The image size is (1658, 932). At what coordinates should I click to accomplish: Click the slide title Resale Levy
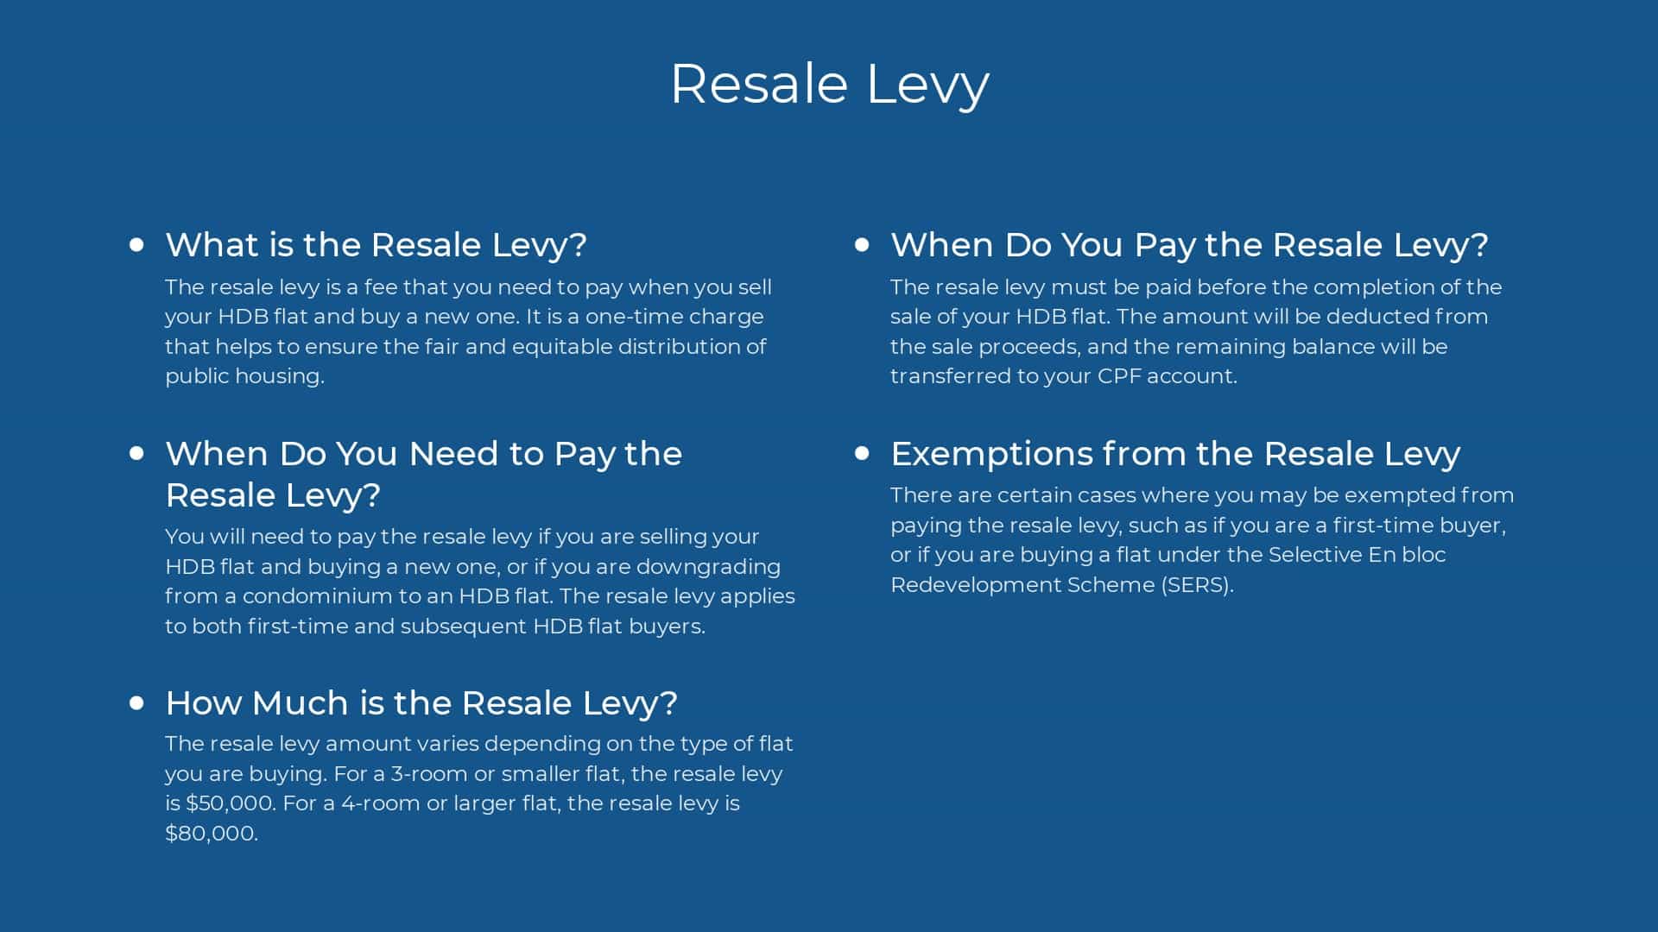829,85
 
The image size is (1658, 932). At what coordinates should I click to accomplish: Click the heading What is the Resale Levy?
376,245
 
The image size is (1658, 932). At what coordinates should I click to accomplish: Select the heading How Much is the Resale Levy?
421,703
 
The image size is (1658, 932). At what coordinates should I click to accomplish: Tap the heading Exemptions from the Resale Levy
1175,454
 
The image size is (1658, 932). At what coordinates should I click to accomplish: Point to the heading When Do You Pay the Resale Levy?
1189,245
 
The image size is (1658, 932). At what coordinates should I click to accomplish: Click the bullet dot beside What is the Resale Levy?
136,244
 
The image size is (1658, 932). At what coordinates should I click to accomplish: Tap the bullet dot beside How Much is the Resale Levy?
136,702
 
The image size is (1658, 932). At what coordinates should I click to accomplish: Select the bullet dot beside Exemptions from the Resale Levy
862,453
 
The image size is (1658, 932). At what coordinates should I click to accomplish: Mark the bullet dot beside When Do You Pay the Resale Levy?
862,244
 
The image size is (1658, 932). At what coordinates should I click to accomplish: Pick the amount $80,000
212,834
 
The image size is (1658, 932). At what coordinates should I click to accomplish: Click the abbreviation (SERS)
1197,585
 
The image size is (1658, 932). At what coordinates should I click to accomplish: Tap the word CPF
1120,376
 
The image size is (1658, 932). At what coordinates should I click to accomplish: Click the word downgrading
708,567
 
